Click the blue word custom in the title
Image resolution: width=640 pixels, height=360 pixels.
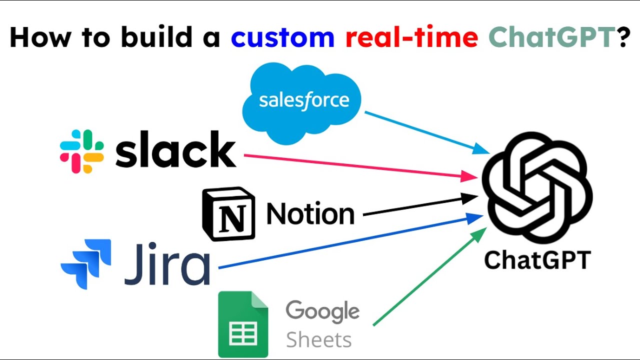tap(282, 38)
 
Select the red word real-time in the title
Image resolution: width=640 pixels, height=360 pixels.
tap(411, 38)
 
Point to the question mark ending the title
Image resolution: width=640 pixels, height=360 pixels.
tap(623, 38)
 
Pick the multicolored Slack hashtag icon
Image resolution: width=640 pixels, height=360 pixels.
tap(82, 151)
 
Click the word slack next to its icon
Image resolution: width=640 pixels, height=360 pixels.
tap(175, 150)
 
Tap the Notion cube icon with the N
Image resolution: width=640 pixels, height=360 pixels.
tap(228, 213)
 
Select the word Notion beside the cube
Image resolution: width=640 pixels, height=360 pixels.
tap(310, 214)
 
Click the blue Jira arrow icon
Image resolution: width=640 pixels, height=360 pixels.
tap(85, 263)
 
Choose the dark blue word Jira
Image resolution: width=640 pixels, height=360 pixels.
tap(167, 263)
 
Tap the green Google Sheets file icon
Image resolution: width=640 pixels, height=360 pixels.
tap(243, 324)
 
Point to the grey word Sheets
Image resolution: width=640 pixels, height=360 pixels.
tap(318, 340)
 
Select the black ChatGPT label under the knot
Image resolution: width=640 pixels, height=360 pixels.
tap(537, 260)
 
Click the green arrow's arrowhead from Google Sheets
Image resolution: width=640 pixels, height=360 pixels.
tap(480, 232)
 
